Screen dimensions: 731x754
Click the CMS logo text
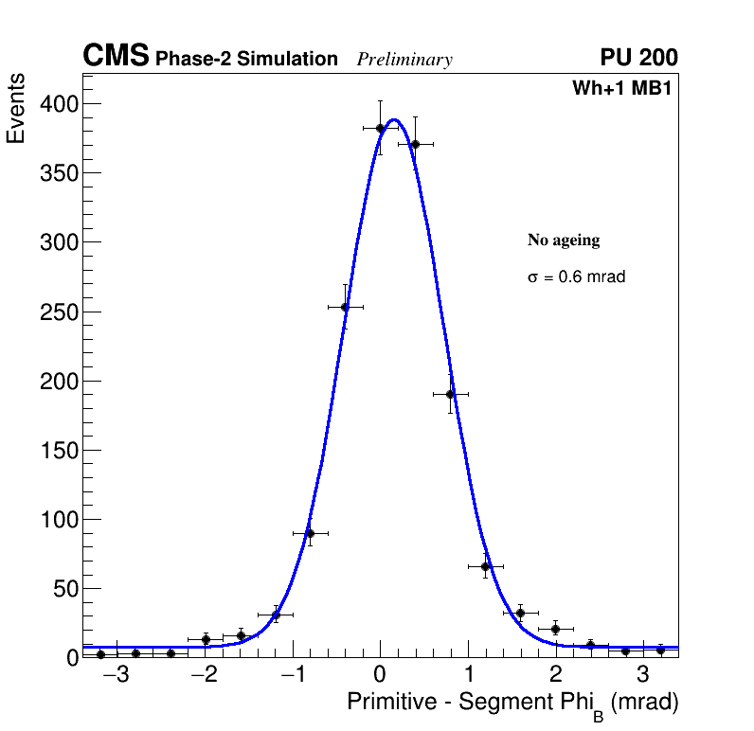pos(116,57)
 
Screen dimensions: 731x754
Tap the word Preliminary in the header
pos(404,60)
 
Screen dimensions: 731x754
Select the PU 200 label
pos(638,58)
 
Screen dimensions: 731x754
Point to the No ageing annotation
pos(564,241)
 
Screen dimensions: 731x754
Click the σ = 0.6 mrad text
pos(576,277)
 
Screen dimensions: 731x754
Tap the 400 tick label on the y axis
pos(58,103)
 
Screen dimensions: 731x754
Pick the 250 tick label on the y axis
pos(58,312)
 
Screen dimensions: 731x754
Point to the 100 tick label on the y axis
pos(58,520)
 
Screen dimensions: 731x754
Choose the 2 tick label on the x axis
pos(555,676)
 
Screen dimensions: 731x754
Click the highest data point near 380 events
pos(380,128)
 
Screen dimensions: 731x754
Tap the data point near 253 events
pos(346,307)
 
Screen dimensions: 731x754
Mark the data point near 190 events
pos(451,394)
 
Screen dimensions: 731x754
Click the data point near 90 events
pos(310,533)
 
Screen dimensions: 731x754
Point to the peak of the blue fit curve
pos(394,119)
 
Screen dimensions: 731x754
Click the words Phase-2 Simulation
pos(246,60)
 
